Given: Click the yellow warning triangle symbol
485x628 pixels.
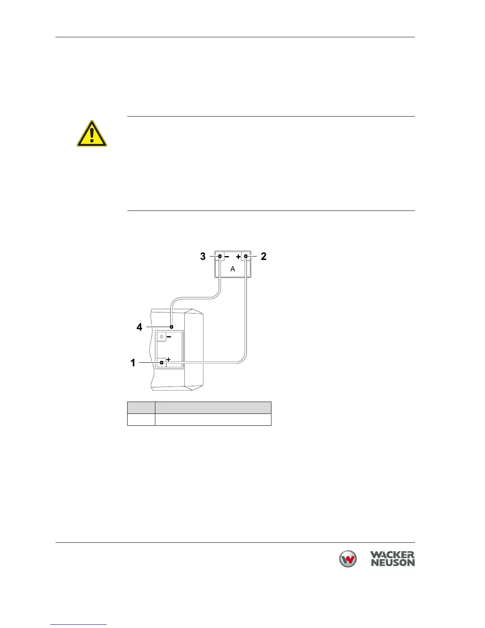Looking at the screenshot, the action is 92,134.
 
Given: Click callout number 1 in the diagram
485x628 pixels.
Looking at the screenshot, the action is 133,363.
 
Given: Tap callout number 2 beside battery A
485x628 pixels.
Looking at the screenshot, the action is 264,257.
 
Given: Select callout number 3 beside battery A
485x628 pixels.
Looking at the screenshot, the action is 203,257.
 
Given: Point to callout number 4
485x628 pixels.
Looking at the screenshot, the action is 139,327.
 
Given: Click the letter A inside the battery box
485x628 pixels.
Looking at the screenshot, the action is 233,269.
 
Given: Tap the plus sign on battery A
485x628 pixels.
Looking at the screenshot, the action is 238,257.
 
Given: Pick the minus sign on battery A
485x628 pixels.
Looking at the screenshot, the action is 227,257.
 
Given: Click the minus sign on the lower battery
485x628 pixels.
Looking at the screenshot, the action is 169,337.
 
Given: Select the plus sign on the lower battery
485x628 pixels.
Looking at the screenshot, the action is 168,359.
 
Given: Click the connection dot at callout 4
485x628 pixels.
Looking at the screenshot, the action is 171,327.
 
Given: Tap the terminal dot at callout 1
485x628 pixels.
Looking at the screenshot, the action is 161,362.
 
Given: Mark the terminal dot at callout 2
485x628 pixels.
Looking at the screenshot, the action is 246,257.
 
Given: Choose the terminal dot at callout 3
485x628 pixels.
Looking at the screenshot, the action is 220,257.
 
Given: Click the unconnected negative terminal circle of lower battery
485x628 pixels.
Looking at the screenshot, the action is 161,337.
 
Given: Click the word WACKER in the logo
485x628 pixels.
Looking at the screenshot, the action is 392,555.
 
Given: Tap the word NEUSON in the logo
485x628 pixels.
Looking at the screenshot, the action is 392,563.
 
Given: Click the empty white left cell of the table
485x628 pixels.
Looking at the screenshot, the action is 141,419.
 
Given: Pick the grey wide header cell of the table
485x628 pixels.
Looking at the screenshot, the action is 213,408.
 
